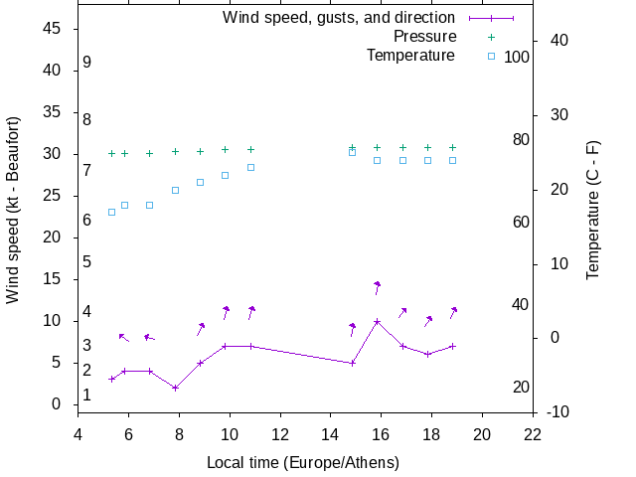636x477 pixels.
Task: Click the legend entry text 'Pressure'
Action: (x=424, y=37)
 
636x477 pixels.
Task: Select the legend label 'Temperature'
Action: (x=410, y=56)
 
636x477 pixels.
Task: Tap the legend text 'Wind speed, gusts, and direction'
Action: (x=339, y=18)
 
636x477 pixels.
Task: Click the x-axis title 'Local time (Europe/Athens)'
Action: (x=303, y=463)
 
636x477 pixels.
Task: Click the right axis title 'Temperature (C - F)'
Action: (x=593, y=208)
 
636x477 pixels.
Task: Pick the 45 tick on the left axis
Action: (x=54, y=29)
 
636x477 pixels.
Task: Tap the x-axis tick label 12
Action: (x=280, y=433)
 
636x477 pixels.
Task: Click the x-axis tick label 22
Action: (x=533, y=433)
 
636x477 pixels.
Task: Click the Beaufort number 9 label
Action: (x=87, y=62)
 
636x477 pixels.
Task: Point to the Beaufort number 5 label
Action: (x=87, y=261)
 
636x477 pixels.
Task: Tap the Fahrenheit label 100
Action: (x=517, y=57)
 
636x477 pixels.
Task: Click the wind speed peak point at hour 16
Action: (x=377, y=321)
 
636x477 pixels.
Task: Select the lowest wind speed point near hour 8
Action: (x=175, y=388)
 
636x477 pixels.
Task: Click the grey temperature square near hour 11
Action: (x=250, y=167)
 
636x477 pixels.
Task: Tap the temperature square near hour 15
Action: (x=352, y=152)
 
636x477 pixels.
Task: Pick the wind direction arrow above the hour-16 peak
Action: (x=378, y=287)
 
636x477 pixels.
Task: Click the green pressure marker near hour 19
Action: (x=452, y=147)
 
